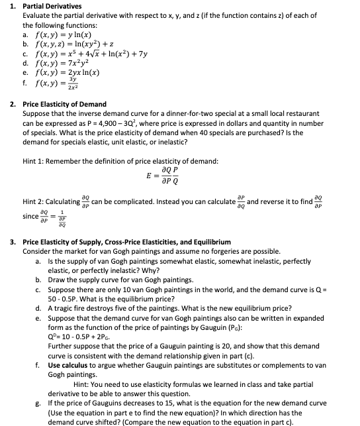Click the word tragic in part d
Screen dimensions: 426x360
pos(61,308)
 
